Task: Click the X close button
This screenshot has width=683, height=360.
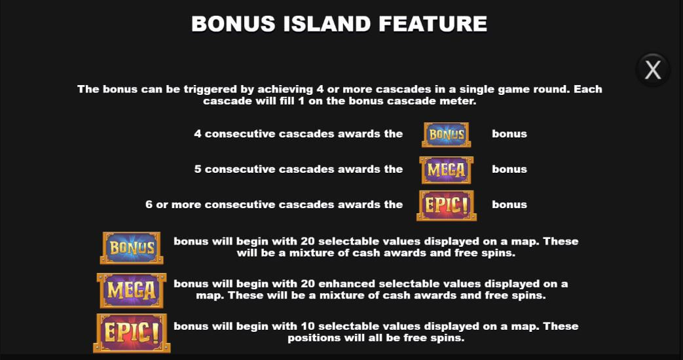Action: point(653,69)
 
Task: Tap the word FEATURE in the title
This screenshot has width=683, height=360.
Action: point(433,24)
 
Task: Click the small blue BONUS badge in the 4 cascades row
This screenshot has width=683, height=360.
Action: point(446,134)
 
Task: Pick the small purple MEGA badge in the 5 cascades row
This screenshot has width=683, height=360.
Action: point(446,170)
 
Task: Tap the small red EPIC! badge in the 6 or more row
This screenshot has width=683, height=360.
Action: point(446,205)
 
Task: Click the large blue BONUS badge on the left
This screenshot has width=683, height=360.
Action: point(131,247)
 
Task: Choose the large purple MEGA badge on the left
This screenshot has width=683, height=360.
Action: point(131,290)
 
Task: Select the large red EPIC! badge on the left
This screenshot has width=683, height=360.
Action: point(131,333)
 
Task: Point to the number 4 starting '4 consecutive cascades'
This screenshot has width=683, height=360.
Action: point(198,134)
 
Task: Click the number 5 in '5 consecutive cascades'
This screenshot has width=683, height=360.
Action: point(198,169)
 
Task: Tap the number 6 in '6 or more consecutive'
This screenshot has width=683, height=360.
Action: point(149,204)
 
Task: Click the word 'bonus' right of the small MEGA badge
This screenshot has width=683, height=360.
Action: point(509,169)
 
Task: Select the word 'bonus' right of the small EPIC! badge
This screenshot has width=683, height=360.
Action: point(509,204)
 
